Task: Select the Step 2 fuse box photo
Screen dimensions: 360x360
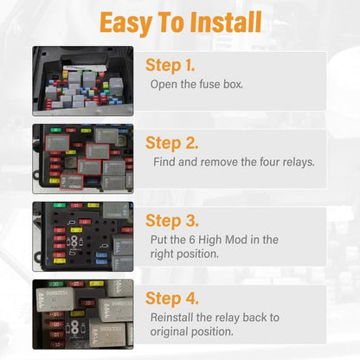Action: (83, 157)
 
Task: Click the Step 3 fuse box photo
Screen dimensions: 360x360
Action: (83, 236)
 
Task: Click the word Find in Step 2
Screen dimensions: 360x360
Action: (164, 162)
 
